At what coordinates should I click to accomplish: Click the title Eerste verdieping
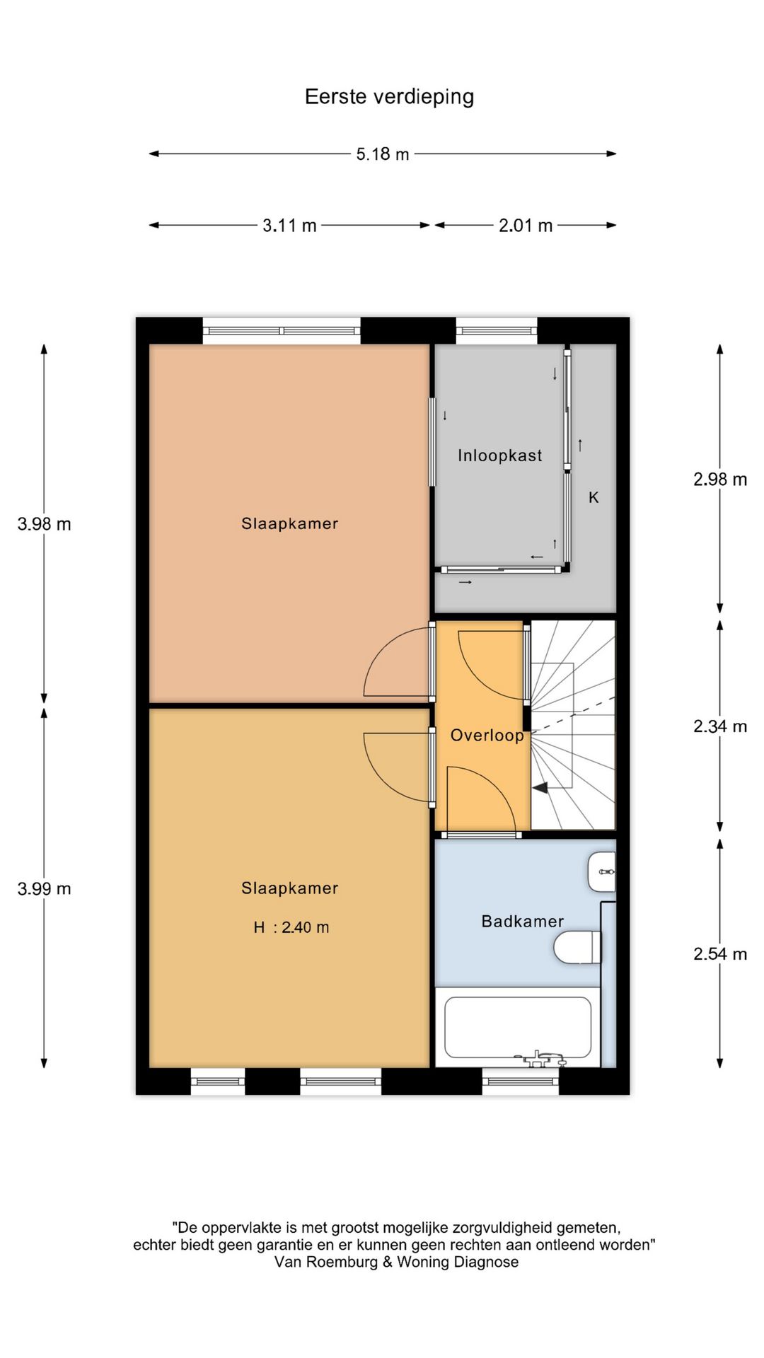tap(389, 97)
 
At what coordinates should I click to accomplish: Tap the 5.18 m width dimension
tap(383, 154)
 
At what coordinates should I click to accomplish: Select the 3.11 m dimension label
tap(289, 226)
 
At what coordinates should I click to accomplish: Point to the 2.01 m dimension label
tap(526, 226)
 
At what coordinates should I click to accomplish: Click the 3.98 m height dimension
tap(45, 524)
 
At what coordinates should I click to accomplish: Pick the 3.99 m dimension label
tap(45, 889)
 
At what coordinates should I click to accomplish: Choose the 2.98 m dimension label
tap(720, 480)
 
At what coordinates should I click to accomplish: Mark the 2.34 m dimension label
tap(720, 726)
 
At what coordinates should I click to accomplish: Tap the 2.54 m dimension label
tap(720, 954)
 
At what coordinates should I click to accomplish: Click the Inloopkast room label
tap(500, 455)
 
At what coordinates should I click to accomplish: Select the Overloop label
tap(487, 736)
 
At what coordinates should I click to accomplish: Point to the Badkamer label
tap(523, 922)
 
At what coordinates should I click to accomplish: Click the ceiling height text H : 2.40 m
tap(291, 927)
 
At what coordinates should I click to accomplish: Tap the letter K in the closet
tap(594, 498)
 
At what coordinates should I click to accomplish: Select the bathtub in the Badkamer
tap(518, 1028)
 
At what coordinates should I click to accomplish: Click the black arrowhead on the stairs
tap(540, 787)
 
